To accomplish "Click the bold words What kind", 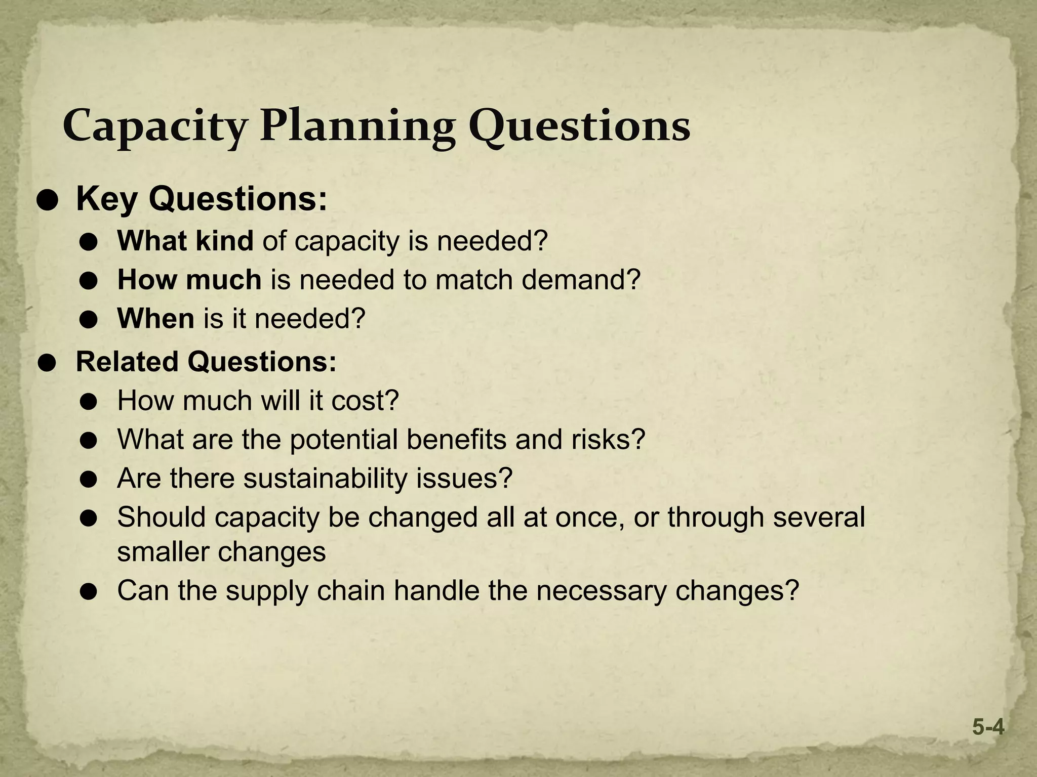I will (x=185, y=241).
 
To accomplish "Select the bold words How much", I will (x=189, y=280).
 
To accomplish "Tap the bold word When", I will (x=155, y=319).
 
